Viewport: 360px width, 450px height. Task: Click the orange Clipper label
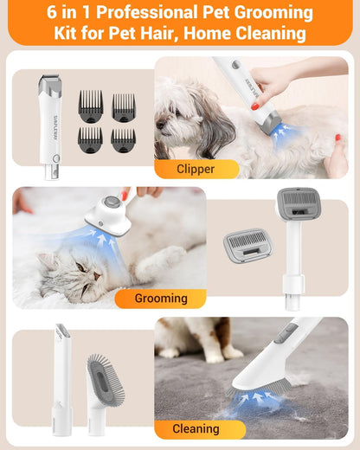tap(195, 169)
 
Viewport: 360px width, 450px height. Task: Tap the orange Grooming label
tap(160, 299)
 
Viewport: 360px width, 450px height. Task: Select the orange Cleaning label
tap(195, 428)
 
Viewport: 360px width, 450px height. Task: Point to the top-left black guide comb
tap(91, 107)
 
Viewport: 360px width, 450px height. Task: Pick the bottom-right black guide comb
tap(123, 139)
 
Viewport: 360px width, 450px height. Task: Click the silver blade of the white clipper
tap(49, 80)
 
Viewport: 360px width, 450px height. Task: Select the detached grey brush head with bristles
tap(247, 244)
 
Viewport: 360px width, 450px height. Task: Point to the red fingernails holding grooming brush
tap(125, 193)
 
